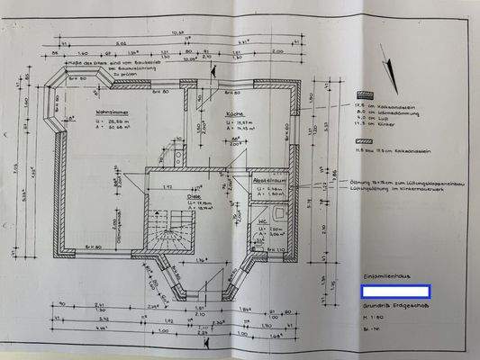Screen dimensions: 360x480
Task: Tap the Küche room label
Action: pyautogui.click(x=225, y=118)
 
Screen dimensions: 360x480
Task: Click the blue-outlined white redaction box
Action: pyautogui.click(x=394, y=292)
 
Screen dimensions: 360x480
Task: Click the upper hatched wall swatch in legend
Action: pyautogui.click(x=364, y=94)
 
